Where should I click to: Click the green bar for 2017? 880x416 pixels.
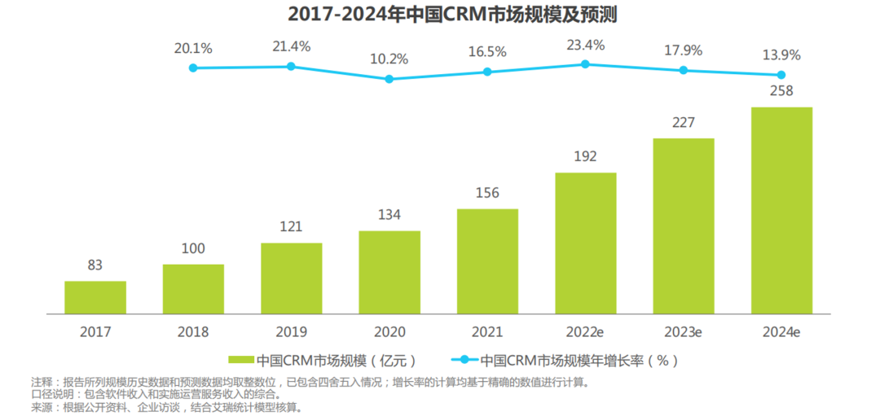[95, 297]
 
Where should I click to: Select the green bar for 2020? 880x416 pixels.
[389, 272]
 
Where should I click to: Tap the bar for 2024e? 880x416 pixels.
[781, 210]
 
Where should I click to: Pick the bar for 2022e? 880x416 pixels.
[586, 243]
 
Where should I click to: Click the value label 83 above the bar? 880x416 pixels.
[95, 265]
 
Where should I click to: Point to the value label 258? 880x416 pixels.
[781, 90]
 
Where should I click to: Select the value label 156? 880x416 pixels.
[487, 193]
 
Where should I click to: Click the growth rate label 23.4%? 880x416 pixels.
[586, 45]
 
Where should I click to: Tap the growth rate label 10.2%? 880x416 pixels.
[389, 59]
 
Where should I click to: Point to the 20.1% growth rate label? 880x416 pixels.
[193, 48]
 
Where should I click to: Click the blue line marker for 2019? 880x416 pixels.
[291, 66]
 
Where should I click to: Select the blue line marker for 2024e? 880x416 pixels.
[781, 74]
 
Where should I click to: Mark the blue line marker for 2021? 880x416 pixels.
[487, 72]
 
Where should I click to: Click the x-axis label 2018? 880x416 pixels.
[193, 332]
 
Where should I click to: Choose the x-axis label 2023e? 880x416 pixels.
[683, 332]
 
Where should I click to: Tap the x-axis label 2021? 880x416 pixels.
[487, 332]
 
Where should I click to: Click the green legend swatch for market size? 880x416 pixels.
[241, 359]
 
